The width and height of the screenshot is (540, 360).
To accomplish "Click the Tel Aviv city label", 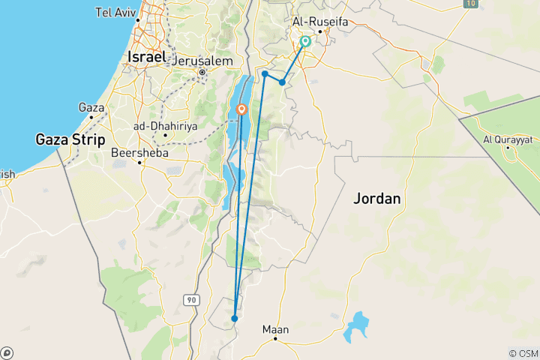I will click(x=115, y=12).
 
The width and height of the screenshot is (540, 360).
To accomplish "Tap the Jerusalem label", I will click(x=204, y=61).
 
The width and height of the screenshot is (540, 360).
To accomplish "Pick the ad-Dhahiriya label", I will click(x=165, y=126).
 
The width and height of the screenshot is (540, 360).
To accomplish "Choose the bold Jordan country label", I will click(x=378, y=199).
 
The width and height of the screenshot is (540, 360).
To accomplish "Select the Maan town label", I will click(x=275, y=328).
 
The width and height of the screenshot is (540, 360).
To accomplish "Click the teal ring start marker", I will click(x=305, y=42).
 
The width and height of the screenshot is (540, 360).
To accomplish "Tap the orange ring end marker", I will click(x=241, y=109).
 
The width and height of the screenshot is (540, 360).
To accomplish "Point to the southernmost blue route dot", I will click(x=235, y=318).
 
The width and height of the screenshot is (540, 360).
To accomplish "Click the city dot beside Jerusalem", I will click(x=202, y=73).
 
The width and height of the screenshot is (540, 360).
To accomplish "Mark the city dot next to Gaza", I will click(x=91, y=118).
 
